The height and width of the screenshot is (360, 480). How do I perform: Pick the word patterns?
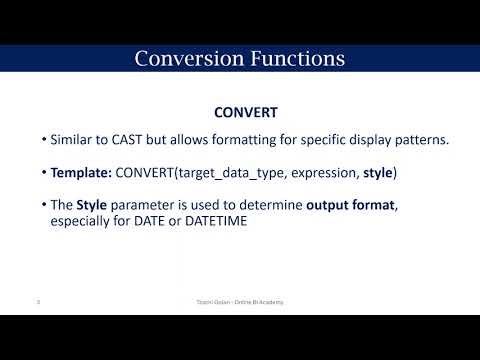pos(419,139)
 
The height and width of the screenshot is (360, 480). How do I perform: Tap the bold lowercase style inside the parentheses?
pos(378,173)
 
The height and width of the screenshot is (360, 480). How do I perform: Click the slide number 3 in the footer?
pos(37,300)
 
